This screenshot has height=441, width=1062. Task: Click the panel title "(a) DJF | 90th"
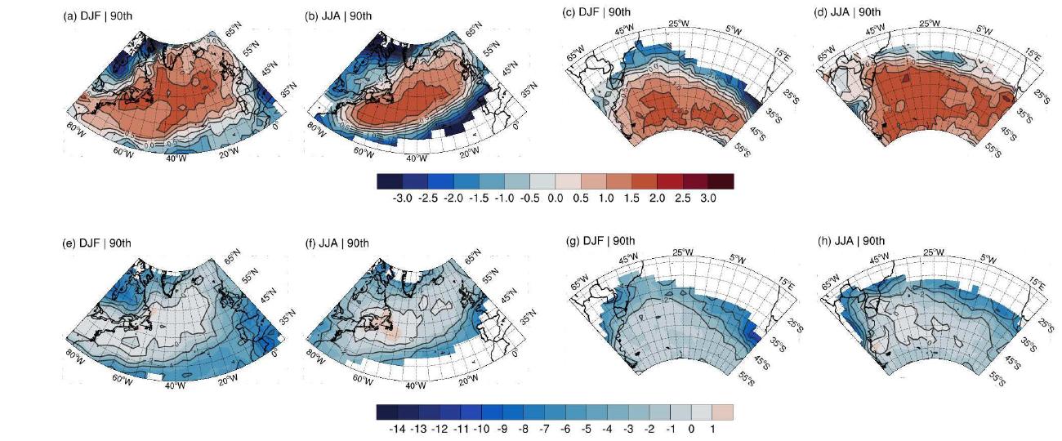[x=97, y=15]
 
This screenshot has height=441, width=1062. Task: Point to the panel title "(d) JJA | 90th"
[x=850, y=11]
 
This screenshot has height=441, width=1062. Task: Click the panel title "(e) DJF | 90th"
[x=97, y=243]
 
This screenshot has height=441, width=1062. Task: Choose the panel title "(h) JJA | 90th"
[x=850, y=240]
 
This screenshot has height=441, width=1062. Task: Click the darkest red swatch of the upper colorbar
[x=721, y=181]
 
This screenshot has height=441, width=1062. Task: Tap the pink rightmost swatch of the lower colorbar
[x=723, y=411]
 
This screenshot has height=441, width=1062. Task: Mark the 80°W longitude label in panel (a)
[x=76, y=127]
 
